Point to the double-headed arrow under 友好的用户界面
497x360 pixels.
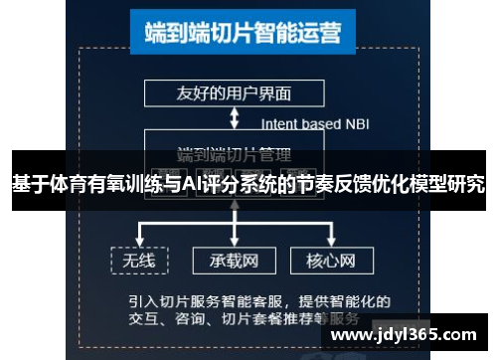click(x=234, y=118)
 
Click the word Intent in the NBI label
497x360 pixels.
click(x=280, y=124)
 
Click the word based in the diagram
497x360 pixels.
click(x=321, y=124)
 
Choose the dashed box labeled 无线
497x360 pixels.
click(x=140, y=261)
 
